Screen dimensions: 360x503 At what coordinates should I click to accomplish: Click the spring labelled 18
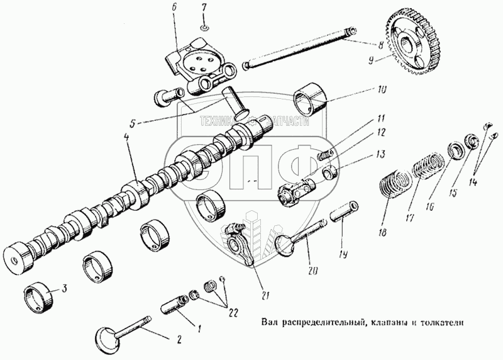coord(394,188)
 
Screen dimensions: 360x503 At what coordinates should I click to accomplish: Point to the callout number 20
coord(312,271)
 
